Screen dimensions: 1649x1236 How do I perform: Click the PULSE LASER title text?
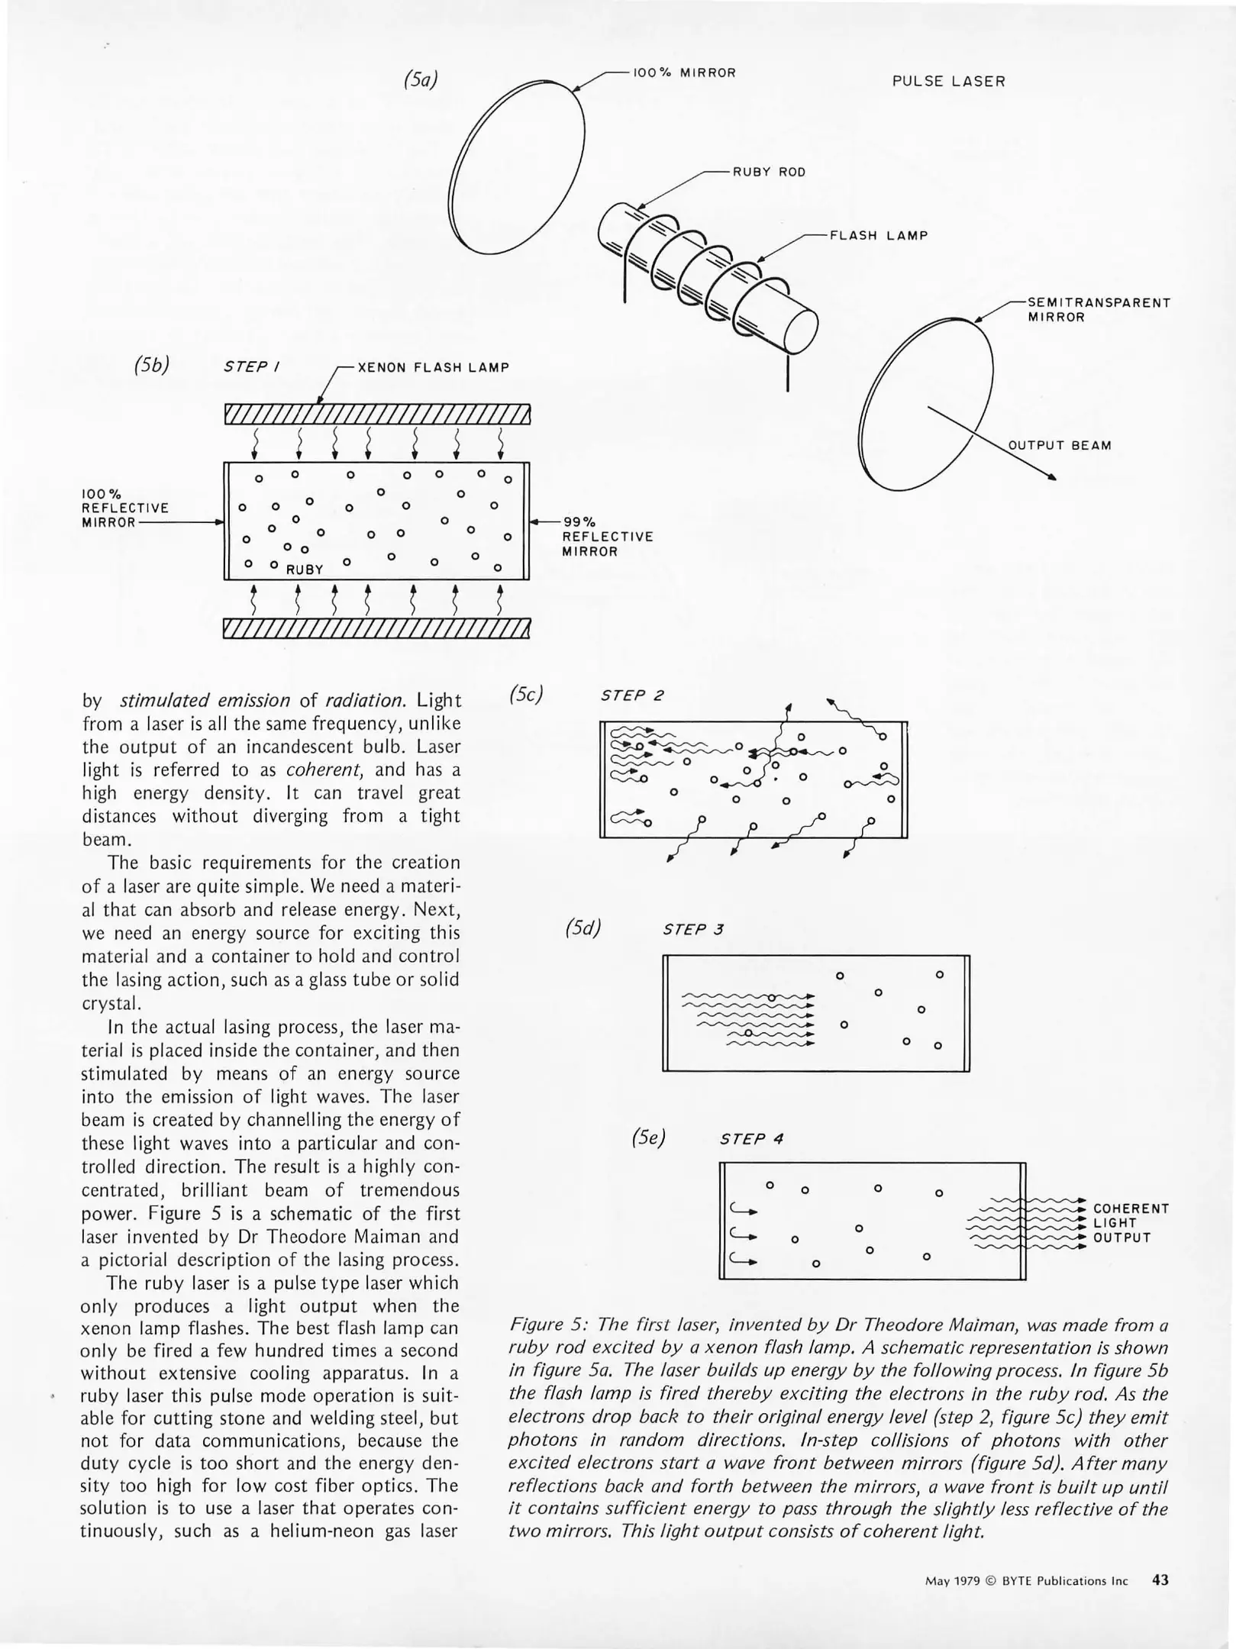pyautogui.click(x=948, y=82)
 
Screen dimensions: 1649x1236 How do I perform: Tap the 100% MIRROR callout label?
pyautogui.click(x=685, y=73)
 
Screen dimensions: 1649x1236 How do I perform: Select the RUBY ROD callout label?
pyautogui.click(x=769, y=173)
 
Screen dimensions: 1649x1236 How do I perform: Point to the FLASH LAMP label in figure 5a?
pyautogui.click(x=879, y=236)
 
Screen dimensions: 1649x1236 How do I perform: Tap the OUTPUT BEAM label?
pyautogui.click(x=1060, y=446)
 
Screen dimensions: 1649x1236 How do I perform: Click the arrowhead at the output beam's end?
pyautogui.click(x=1051, y=478)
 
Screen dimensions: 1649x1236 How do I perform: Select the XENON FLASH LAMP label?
pyautogui.click(x=433, y=367)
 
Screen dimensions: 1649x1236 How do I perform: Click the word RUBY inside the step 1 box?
pyautogui.click(x=305, y=570)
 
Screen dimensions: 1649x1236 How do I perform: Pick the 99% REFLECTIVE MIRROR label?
pyautogui.click(x=607, y=537)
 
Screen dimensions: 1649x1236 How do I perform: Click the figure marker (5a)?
pyautogui.click(x=421, y=79)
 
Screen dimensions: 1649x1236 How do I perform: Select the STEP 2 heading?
pyautogui.click(x=632, y=695)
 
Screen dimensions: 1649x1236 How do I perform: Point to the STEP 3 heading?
pyautogui.click(x=693, y=929)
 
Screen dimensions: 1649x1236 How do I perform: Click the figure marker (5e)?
pyautogui.click(x=648, y=1138)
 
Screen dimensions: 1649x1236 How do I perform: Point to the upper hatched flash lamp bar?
pyautogui.click(x=376, y=414)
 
